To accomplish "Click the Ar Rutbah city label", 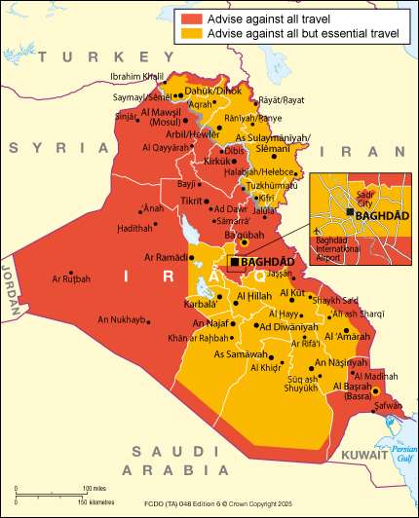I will click(x=71, y=278).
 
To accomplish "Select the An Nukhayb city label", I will click(x=122, y=319).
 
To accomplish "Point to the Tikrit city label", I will click(x=190, y=201).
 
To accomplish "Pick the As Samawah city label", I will click(x=237, y=353).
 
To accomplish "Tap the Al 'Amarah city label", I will click(x=346, y=336).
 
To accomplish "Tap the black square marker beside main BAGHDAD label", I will click(x=234, y=262).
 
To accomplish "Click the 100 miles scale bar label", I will click(x=94, y=488).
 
